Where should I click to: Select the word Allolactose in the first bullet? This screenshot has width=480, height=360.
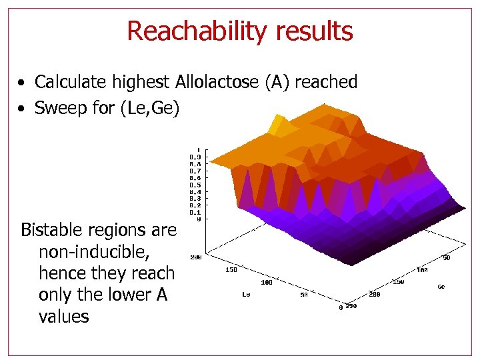pyautogui.click(x=218, y=82)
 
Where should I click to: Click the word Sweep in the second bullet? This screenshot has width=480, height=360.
pyautogui.click(x=58, y=108)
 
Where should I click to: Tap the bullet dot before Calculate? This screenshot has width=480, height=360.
pyautogui.click(x=22, y=83)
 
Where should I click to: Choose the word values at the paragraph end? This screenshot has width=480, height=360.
pyautogui.click(x=63, y=316)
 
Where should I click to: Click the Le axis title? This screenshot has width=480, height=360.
pyautogui.click(x=246, y=294)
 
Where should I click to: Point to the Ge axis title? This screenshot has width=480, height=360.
pyautogui.click(x=441, y=287)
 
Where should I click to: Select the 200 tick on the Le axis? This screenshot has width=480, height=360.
pyautogui.click(x=195, y=257)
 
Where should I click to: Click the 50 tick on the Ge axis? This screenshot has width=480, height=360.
pyautogui.click(x=447, y=257)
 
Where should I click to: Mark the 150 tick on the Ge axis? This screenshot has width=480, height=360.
pyautogui.click(x=398, y=282)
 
